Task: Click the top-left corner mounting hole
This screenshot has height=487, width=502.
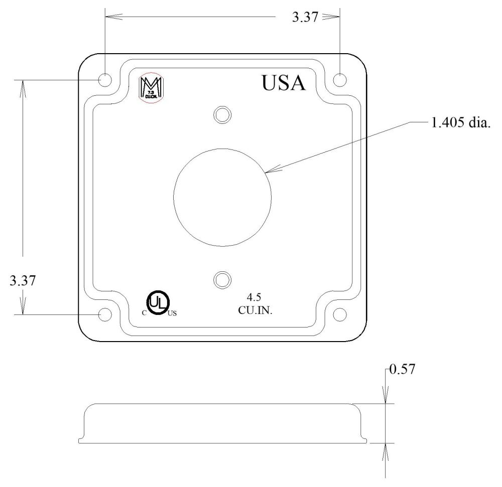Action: (105, 79)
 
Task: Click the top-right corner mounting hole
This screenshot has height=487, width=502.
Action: (340, 79)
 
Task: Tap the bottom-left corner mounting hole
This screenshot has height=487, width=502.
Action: (105, 314)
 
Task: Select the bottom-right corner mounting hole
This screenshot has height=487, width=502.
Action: (340, 314)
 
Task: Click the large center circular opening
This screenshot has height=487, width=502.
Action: (222, 197)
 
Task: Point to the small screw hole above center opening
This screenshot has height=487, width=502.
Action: (222, 114)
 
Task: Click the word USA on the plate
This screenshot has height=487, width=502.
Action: (283, 83)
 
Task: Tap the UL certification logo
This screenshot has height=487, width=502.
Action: (158, 302)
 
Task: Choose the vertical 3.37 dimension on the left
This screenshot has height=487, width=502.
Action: (22, 281)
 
